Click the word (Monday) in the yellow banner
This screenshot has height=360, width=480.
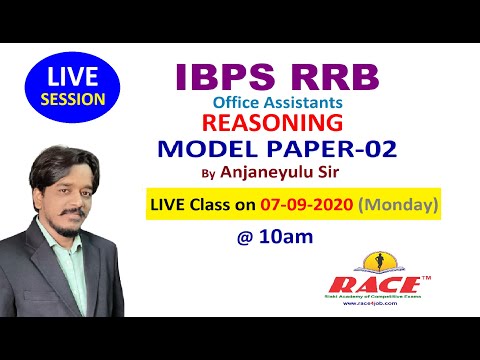click(400, 206)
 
